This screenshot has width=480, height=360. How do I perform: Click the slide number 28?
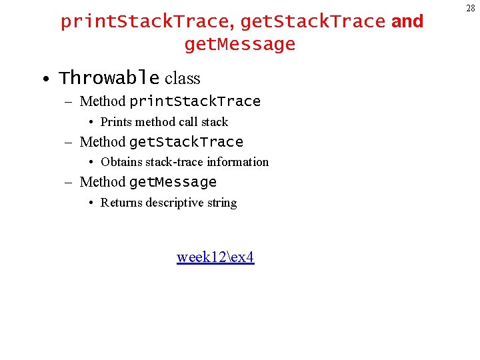point(471,9)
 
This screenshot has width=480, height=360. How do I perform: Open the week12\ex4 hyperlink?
point(215,257)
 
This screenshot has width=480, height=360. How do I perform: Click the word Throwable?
point(109,79)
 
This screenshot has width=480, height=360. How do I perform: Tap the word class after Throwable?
point(182,79)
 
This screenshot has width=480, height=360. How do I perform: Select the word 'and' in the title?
point(407,21)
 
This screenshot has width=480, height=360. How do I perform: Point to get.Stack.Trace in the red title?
point(313,21)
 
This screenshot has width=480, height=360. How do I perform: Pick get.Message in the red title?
point(239,45)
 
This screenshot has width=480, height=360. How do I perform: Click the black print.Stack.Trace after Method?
point(195,101)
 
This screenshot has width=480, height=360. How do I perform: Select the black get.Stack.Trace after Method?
point(186,142)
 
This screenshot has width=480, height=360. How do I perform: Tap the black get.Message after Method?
point(173,182)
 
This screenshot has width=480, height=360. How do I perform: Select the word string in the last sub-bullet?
point(222,203)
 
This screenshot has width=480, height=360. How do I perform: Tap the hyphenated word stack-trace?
point(175,162)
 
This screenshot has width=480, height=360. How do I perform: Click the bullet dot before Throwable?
point(44,79)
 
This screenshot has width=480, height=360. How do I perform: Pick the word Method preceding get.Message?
point(103,182)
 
